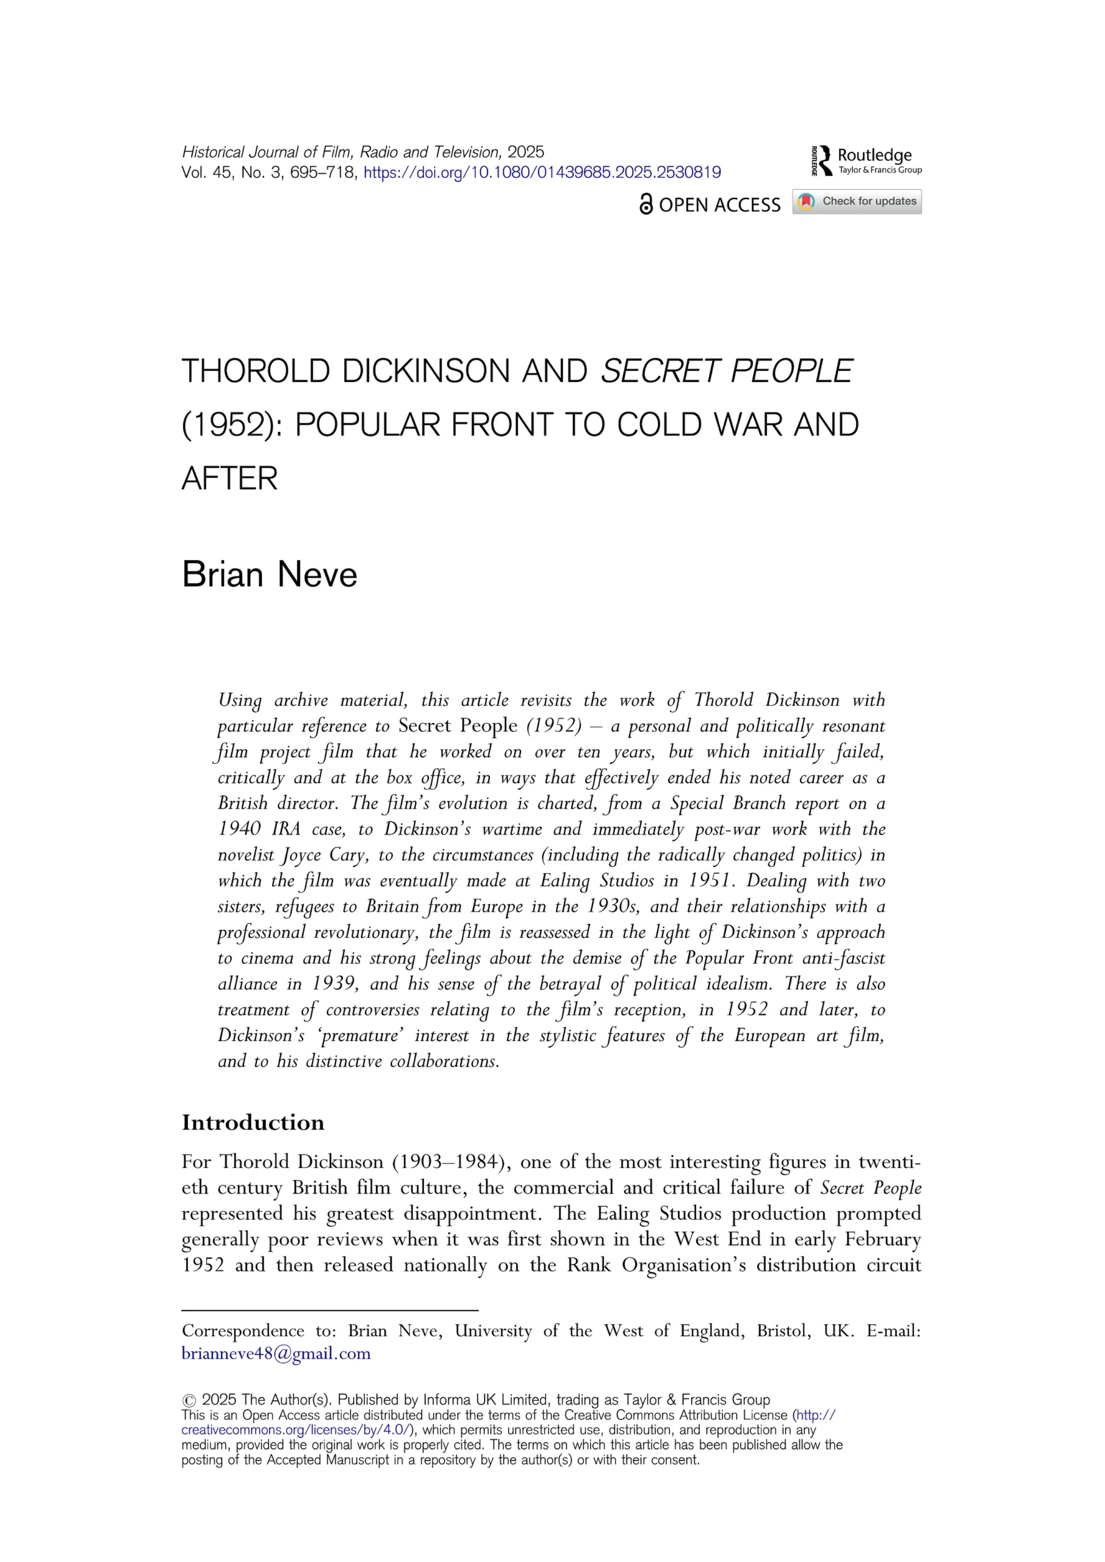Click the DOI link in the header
tap(542, 173)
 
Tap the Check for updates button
tap(857, 201)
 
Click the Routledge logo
tap(866, 160)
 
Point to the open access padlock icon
tap(646, 204)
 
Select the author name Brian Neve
tap(270, 574)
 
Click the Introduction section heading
tap(253, 1122)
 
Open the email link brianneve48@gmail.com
tap(276, 1353)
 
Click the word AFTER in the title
tap(229, 478)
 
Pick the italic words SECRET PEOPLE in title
tap(725, 372)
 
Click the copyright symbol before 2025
tap(189, 1400)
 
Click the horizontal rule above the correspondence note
tap(330, 1309)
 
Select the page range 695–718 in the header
tap(323, 173)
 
